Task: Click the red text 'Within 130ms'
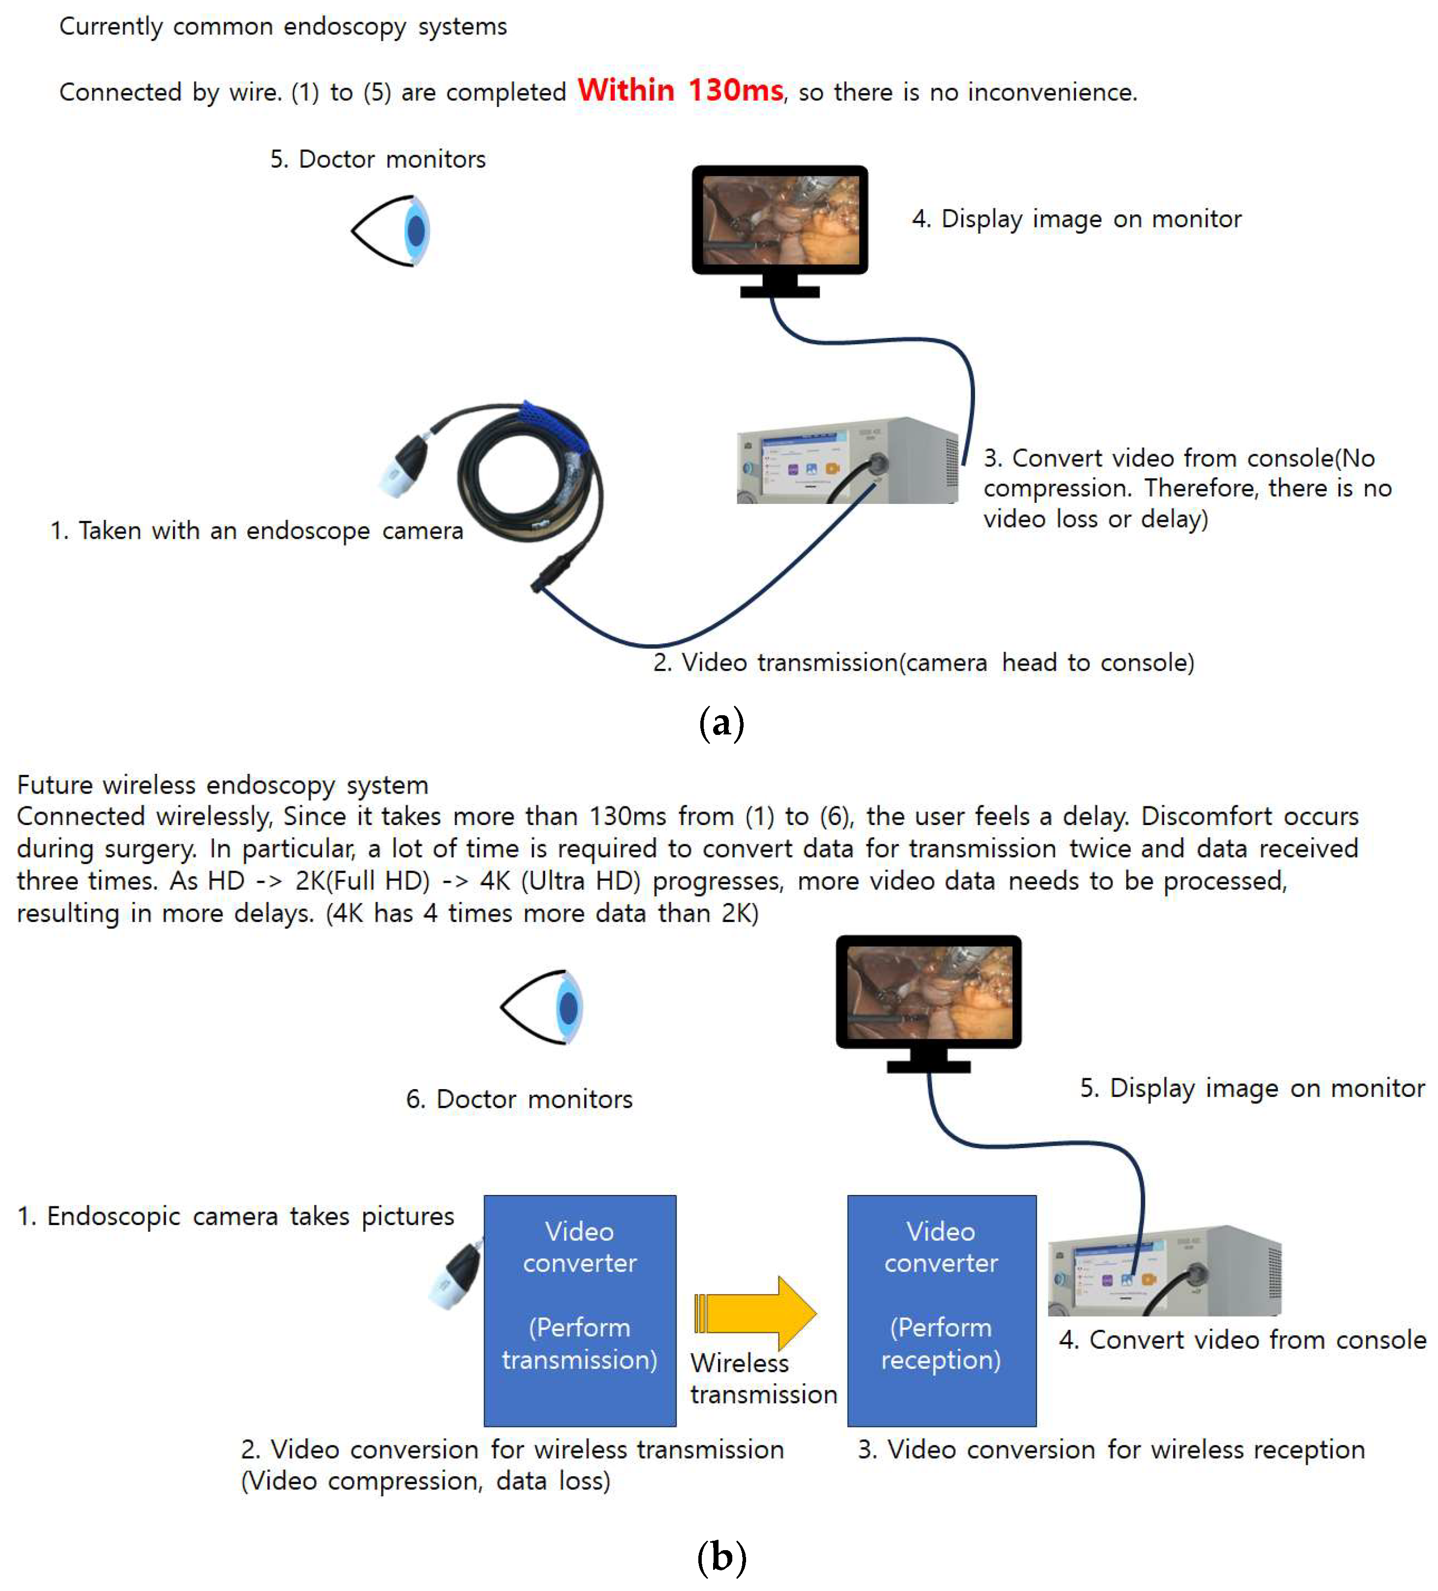(680, 90)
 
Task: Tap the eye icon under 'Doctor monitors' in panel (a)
(392, 231)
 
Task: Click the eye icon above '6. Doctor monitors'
(543, 1007)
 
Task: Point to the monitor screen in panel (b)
(928, 992)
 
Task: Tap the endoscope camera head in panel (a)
(404, 467)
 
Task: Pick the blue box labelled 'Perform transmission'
(580, 1311)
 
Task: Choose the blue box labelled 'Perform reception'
(941, 1311)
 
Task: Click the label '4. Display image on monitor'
(1076, 219)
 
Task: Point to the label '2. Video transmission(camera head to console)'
(923, 662)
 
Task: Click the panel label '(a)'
(721, 723)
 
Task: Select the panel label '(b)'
(721, 1557)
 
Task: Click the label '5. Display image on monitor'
(1252, 1088)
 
